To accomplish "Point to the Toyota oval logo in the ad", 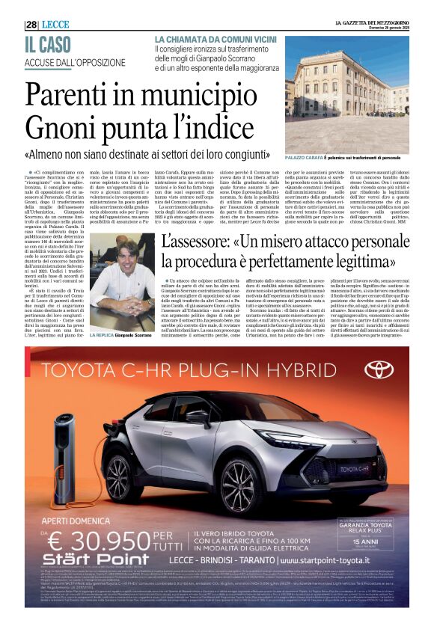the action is point(379,369).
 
